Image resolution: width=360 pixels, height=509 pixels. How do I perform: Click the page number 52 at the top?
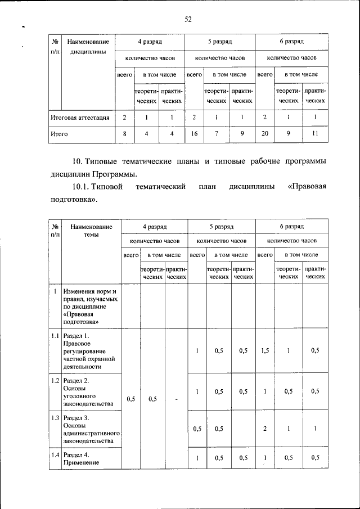point(188,20)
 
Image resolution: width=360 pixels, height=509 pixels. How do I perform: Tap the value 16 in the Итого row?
point(194,134)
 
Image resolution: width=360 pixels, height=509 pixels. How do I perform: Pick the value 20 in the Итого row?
point(264,134)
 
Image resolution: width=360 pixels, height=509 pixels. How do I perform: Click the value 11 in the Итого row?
point(316,134)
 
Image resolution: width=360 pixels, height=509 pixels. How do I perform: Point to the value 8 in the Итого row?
point(124,134)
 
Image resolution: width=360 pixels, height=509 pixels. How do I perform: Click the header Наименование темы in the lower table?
point(91,231)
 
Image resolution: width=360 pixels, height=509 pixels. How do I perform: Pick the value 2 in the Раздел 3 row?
point(265,429)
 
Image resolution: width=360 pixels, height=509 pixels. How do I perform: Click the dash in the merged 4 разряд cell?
point(176,400)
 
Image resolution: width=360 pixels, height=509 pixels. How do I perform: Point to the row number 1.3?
point(55,418)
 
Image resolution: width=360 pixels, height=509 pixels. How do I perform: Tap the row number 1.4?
point(55,454)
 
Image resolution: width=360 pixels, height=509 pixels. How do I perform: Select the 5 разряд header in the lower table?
point(221,226)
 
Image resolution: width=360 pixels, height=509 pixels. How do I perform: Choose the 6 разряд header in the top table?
point(291,42)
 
